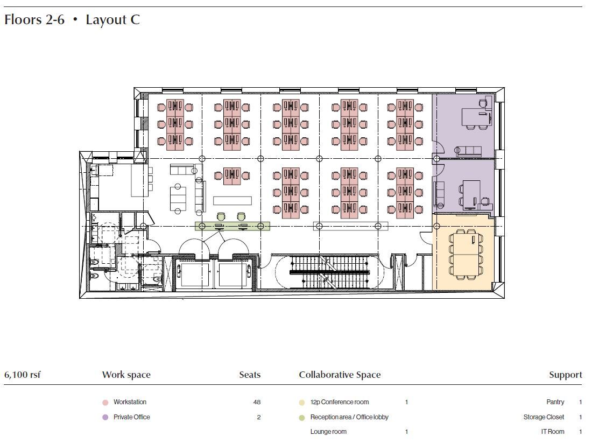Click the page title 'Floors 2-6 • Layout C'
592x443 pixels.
[x=72, y=20]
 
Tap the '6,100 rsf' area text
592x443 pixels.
[x=22, y=375]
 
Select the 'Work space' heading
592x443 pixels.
[x=126, y=375]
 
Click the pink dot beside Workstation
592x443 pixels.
[x=105, y=402]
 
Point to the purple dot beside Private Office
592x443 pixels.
[x=105, y=417]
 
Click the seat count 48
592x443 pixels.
[x=257, y=402]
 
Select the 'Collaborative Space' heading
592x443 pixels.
[x=340, y=375]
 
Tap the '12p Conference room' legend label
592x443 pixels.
[x=339, y=402]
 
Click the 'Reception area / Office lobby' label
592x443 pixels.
[x=349, y=417]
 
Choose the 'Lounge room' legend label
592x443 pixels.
[x=328, y=432]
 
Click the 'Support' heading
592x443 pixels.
[x=565, y=375]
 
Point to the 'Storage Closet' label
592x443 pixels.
[x=544, y=417]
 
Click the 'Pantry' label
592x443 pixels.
[x=555, y=402]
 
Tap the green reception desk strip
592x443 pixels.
[x=232, y=226]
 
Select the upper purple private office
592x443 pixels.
[x=463, y=125]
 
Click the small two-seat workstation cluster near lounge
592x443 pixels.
[x=231, y=176]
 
